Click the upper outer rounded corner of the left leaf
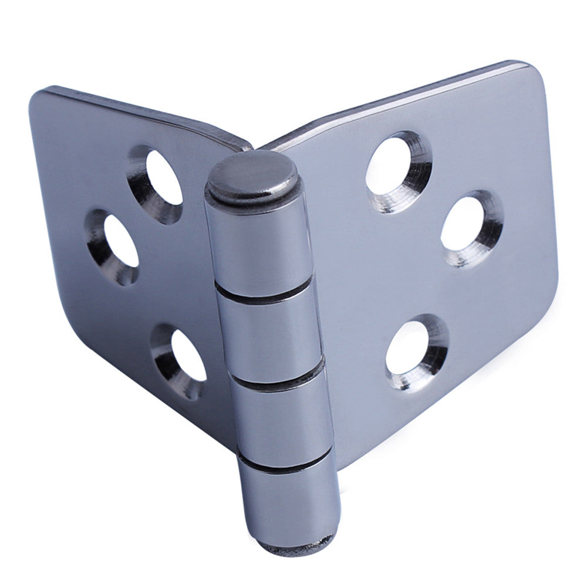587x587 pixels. coord(41,100)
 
